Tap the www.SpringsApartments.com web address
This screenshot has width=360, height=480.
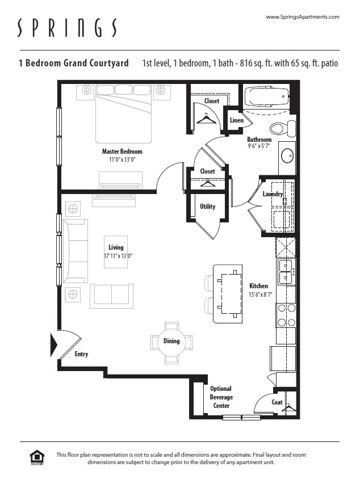302,17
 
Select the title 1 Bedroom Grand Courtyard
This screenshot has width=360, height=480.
73,63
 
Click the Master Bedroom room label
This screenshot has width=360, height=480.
122,151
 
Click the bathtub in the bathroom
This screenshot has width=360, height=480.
266,97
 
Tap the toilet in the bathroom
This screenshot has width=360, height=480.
281,127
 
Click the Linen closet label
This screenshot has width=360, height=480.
237,120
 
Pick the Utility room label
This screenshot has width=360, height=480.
208,207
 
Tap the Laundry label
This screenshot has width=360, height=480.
273,194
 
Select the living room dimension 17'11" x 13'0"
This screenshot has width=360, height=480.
118,256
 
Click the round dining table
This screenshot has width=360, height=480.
171,342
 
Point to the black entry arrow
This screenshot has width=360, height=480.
55,344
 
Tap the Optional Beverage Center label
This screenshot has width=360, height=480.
221,397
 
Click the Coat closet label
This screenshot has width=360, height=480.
277,402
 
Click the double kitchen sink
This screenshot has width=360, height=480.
286,272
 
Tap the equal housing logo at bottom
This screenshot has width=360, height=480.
37,457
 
